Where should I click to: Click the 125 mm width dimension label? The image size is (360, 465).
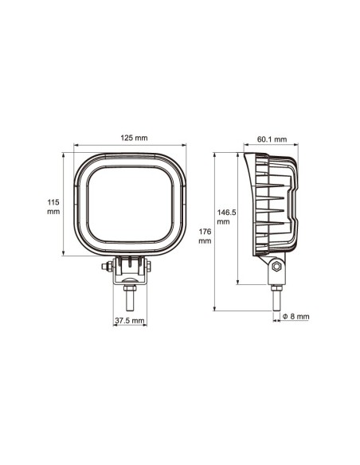(134, 139)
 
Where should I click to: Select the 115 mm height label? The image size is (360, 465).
(53, 207)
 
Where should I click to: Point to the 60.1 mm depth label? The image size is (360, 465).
(272, 139)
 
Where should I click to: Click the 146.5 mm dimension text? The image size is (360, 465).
(227, 217)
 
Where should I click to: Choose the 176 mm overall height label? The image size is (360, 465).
(205, 235)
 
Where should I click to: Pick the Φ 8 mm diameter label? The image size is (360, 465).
(295, 317)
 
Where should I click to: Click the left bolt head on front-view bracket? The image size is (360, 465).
(107, 268)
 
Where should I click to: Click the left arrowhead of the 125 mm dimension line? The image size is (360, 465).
(76, 147)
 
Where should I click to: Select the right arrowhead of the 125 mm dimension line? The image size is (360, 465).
(188, 147)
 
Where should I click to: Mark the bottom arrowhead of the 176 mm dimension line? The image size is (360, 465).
(214, 308)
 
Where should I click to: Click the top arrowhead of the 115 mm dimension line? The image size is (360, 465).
(64, 154)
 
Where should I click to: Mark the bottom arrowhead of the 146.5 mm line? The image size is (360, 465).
(239, 283)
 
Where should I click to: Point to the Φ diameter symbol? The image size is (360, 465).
(285, 317)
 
